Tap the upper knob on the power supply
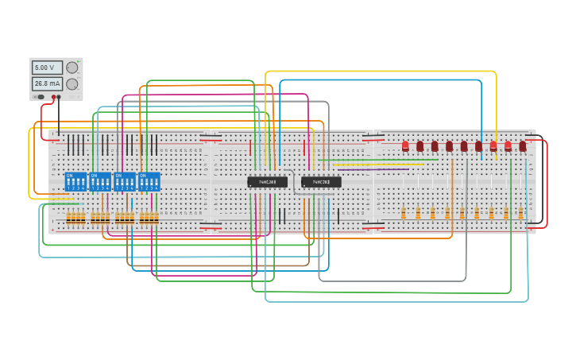72,68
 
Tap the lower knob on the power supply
72,83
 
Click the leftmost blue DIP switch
75,181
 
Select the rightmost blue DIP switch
149,181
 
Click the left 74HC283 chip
267,182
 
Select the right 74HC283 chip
321,182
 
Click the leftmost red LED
405,146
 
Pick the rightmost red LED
523,146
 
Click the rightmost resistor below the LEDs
520,213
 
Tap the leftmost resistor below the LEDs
404,213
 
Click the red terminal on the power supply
53,97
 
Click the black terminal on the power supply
60,97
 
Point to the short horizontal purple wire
373,169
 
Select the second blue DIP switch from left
100,181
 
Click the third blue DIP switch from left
125,181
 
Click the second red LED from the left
420,146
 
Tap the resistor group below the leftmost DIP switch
75,218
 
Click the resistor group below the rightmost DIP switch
149,218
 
